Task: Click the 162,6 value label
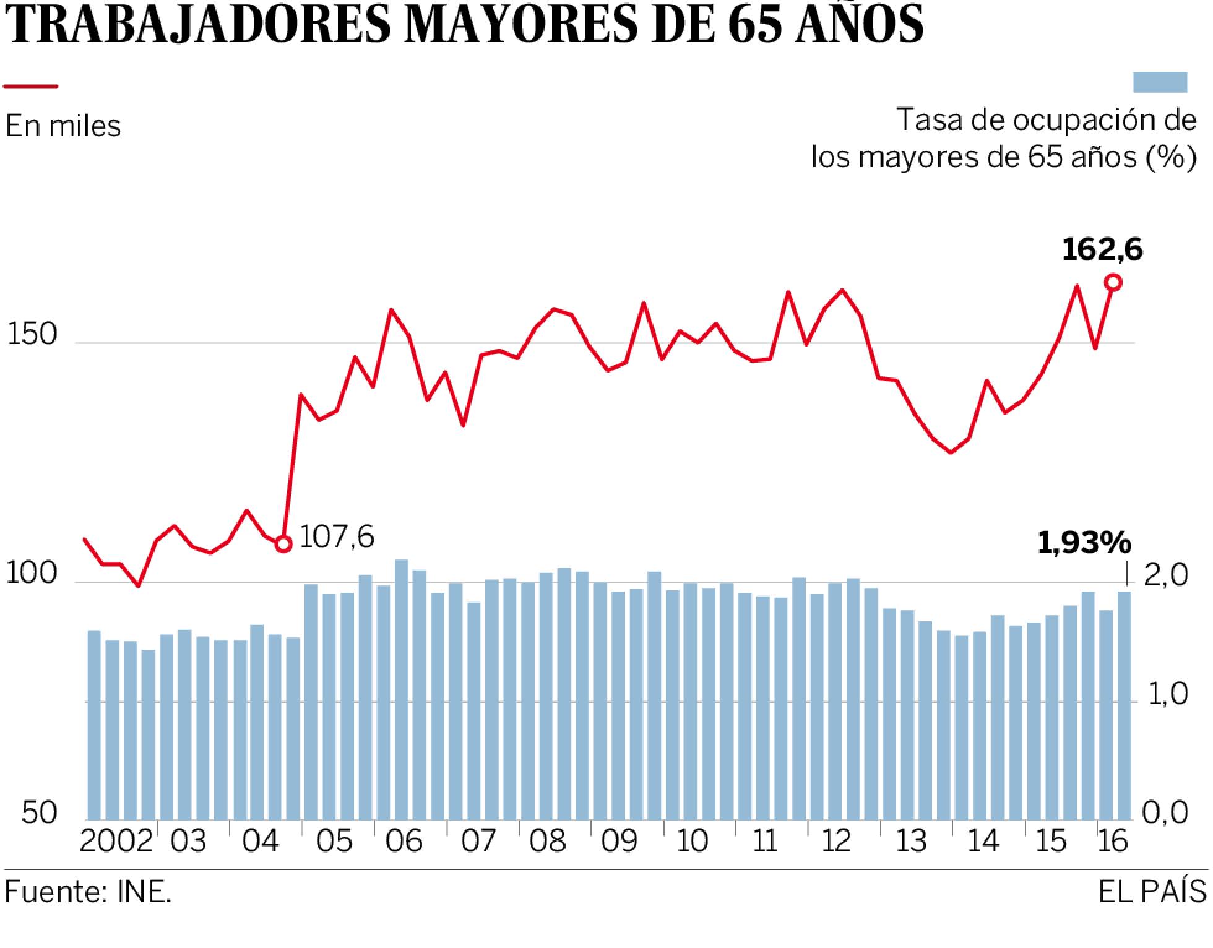click(1102, 250)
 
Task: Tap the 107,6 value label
click(336, 537)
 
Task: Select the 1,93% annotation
click(1084, 543)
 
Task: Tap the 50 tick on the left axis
click(40, 812)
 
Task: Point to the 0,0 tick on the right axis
click(1165, 812)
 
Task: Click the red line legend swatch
click(31, 87)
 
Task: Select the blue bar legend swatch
click(1160, 82)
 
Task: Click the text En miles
click(63, 126)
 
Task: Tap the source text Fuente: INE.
click(87, 892)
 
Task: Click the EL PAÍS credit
click(1152, 892)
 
